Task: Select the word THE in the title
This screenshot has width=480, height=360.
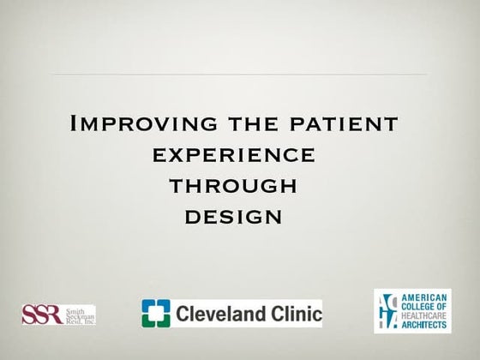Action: pyautogui.click(x=255, y=124)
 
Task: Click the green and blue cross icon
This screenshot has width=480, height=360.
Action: pyautogui.click(x=157, y=314)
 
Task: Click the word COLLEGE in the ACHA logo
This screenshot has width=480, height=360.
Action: pyautogui.click(x=420, y=303)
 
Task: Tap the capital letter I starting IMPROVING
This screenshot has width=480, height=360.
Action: pyautogui.click(x=72, y=123)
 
